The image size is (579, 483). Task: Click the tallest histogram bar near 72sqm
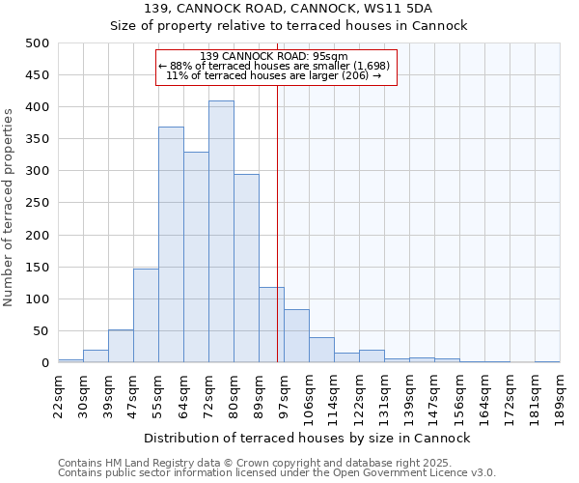221,232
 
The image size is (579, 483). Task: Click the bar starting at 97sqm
296,336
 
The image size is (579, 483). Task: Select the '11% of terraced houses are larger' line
274,75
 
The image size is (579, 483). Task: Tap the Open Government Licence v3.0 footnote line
277,473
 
